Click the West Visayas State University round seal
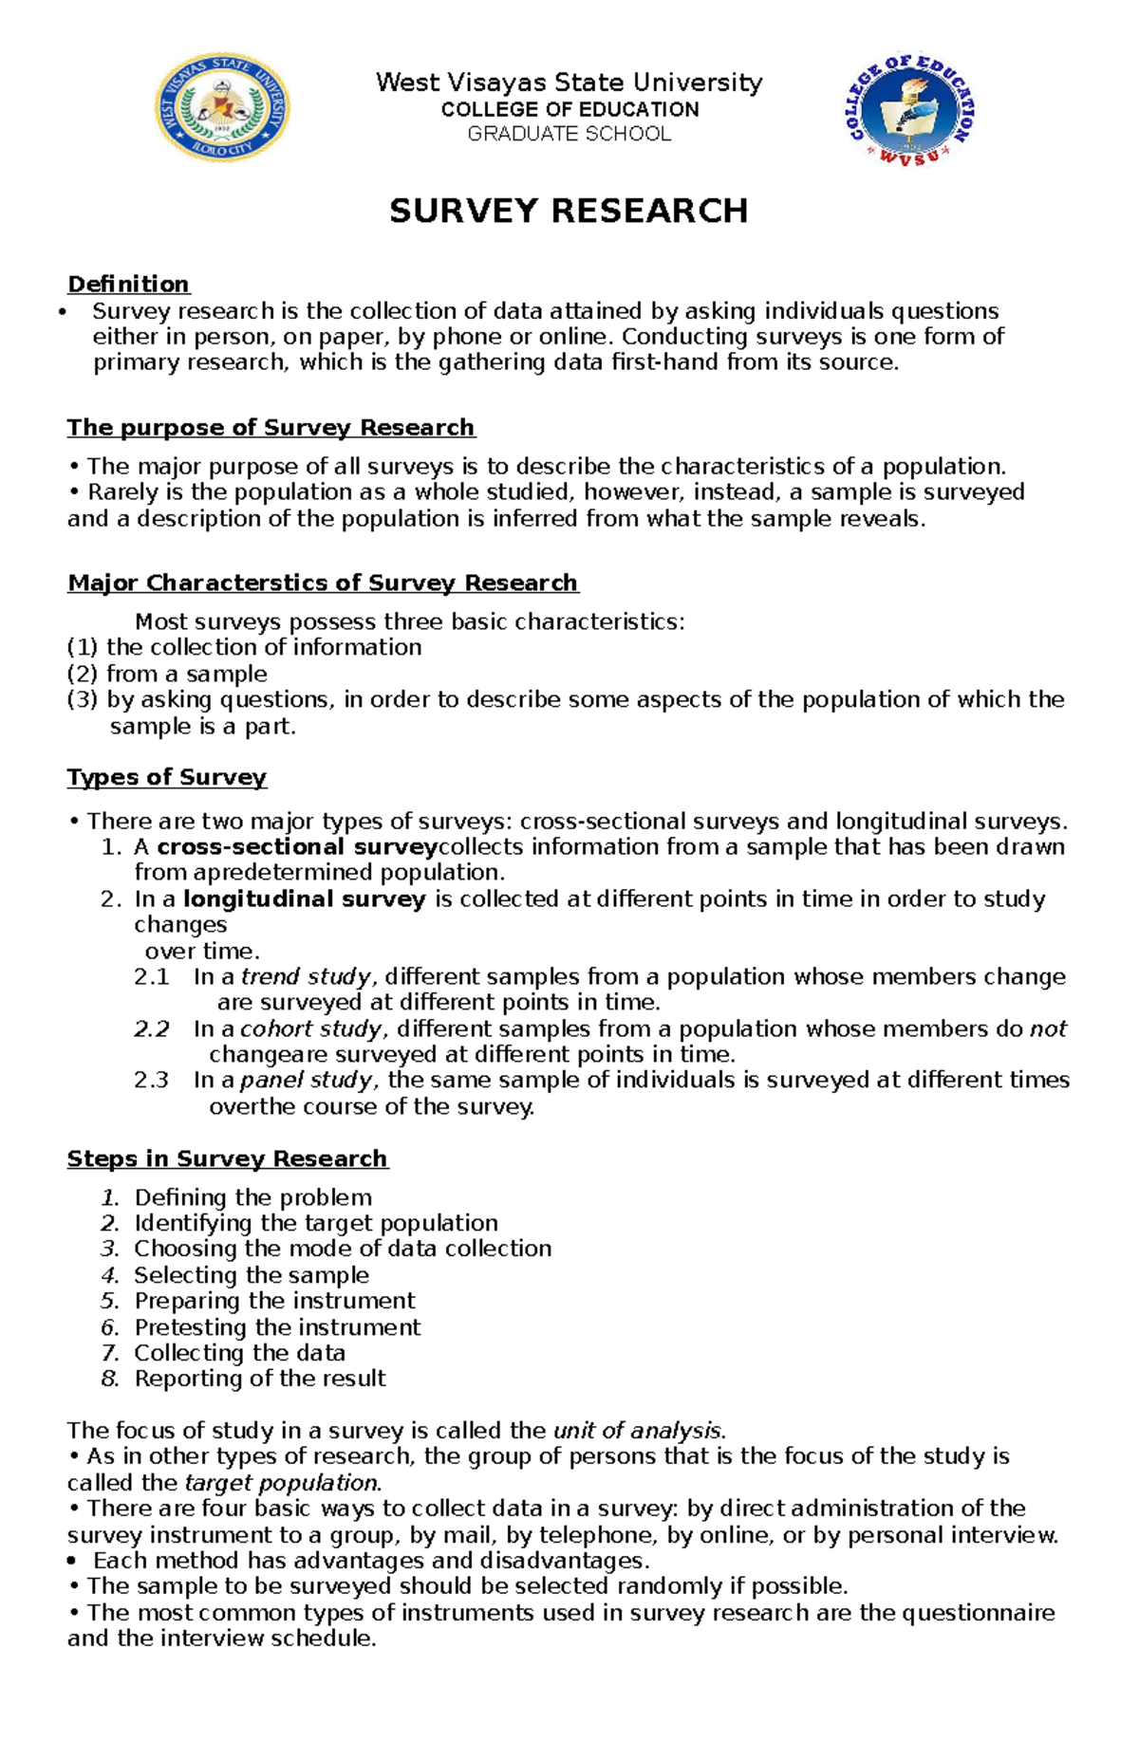tap(222, 107)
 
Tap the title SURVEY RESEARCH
tap(569, 211)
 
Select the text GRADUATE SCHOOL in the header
tap(569, 134)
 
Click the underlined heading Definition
tap(128, 284)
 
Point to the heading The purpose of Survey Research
tap(271, 427)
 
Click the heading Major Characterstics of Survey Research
tap(323, 583)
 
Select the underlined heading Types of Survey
tap(166, 777)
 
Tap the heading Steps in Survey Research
tap(227, 1158)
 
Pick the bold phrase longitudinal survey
tap(304, 898)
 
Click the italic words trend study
tap(306, 976)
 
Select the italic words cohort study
tap(311, 1028)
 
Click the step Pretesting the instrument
tap(277, 1326)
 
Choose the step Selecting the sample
tap(252, 1275)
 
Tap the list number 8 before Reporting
tap(110, 1379)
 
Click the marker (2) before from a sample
tap(83, 674)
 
